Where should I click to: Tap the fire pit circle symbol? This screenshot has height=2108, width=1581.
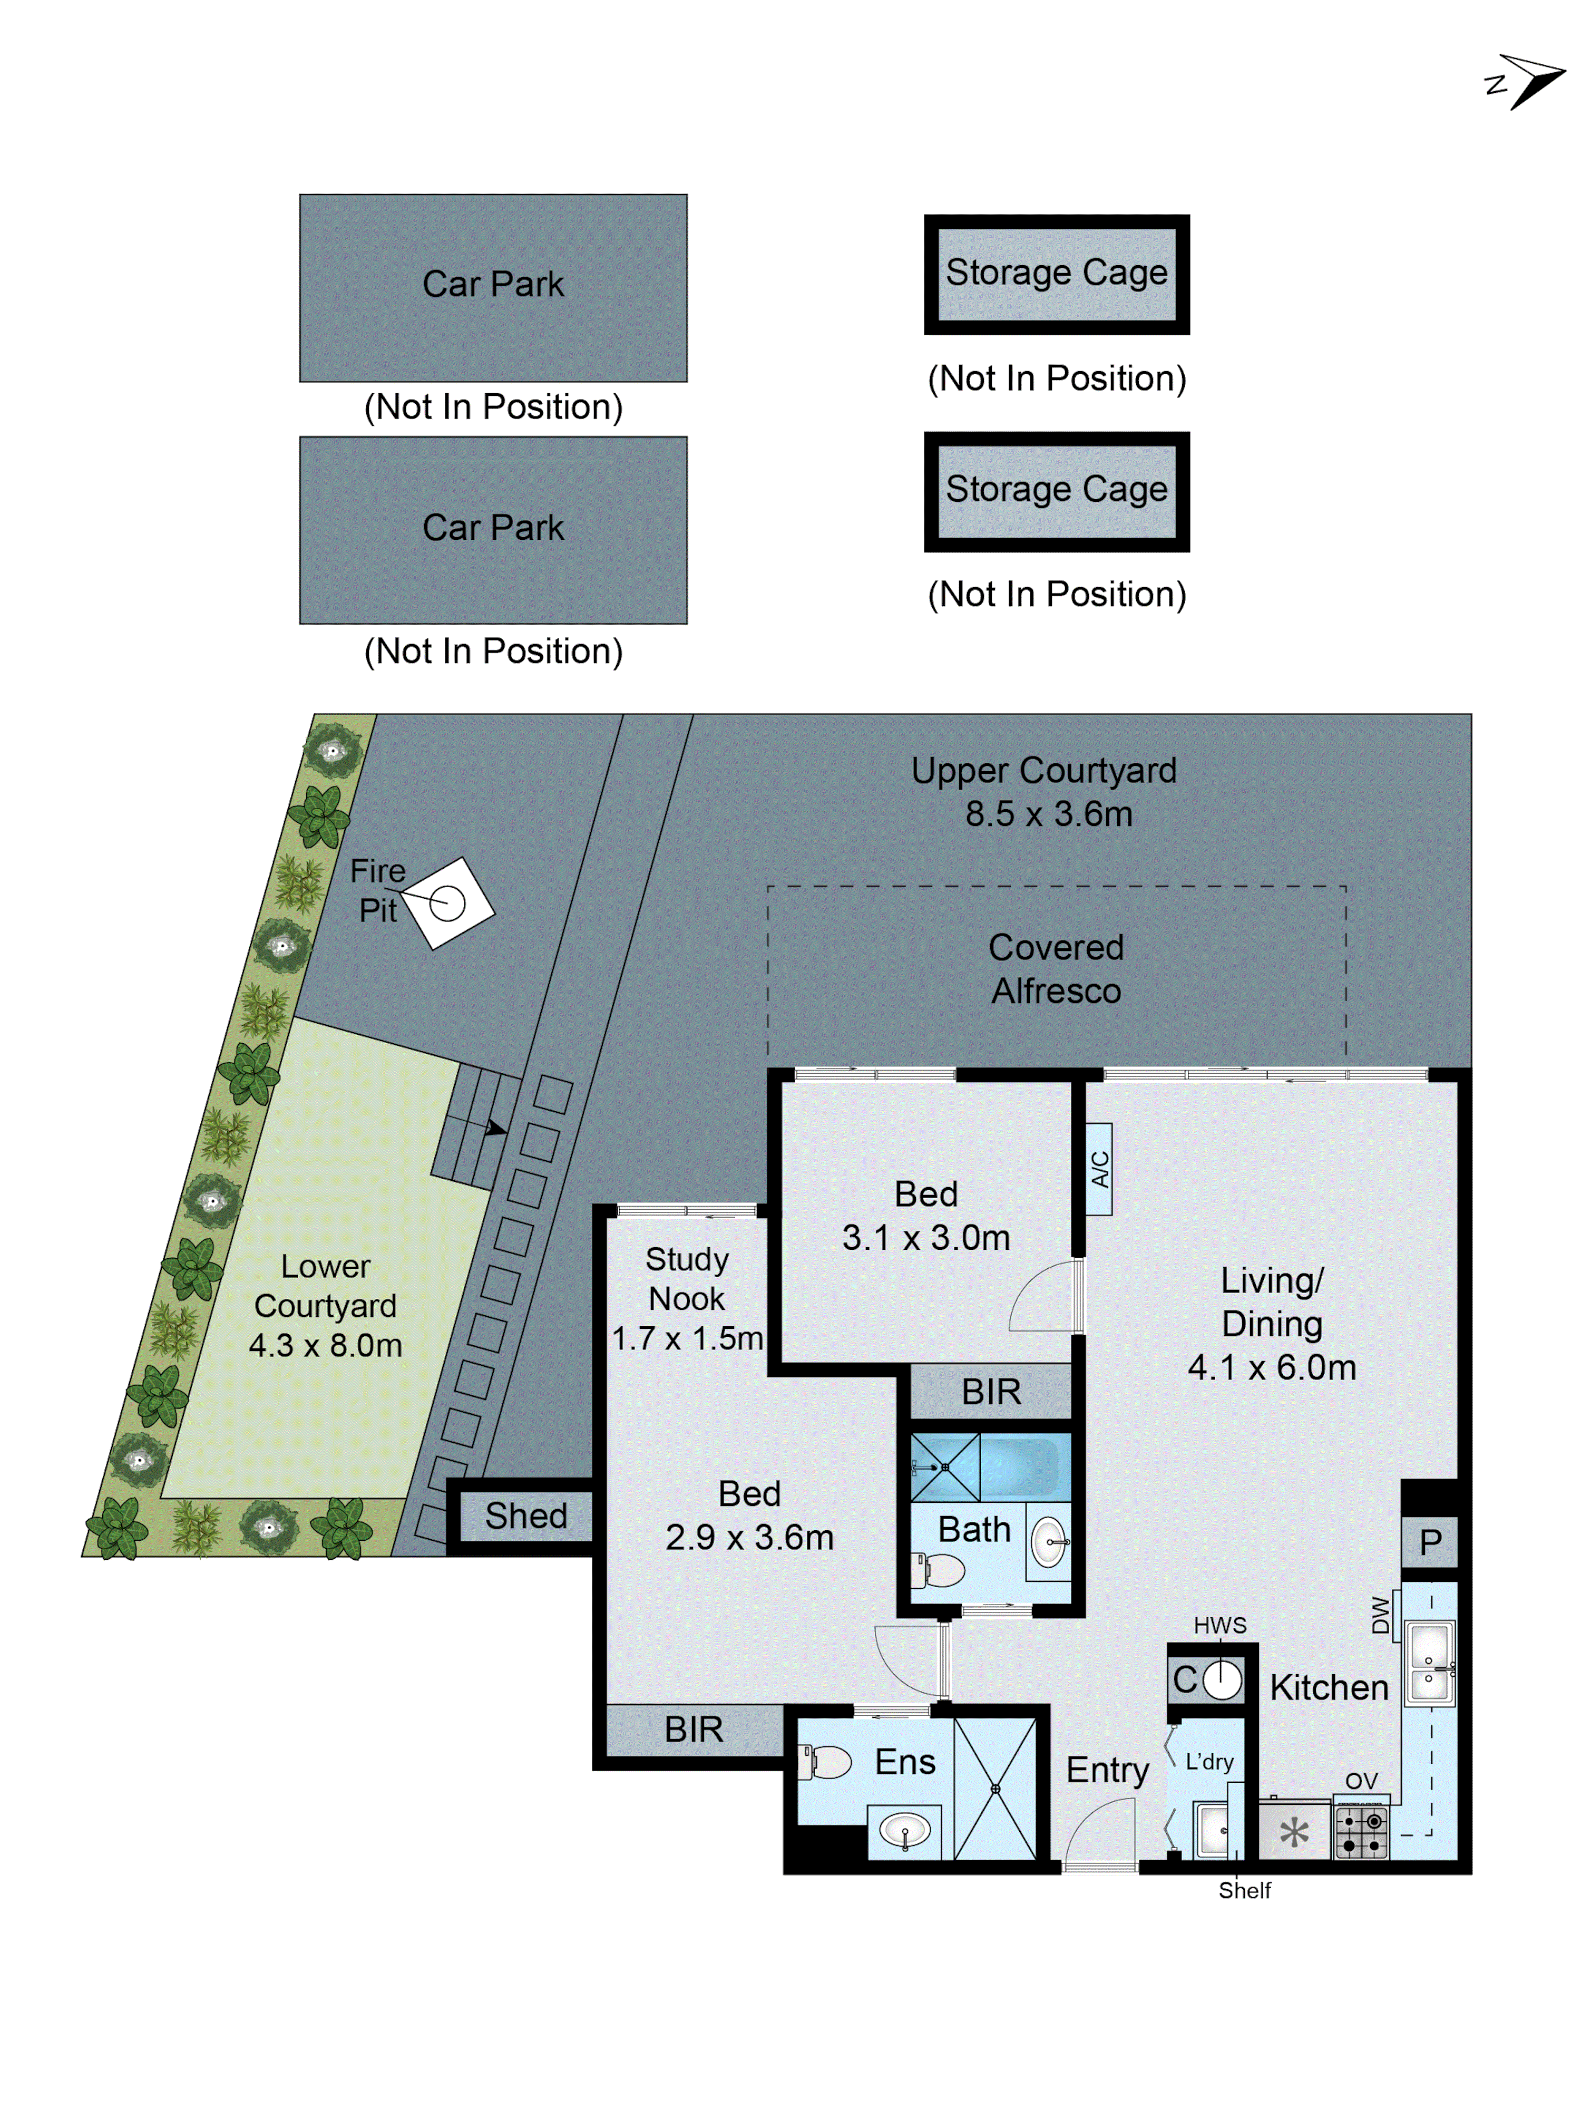[x=447, y=902]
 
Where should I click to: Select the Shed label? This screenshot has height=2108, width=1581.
[x=526, y=1516]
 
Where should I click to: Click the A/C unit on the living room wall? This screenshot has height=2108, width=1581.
[x=1099, y=1168]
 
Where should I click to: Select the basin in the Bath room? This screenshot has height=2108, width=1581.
[x=1048, y=1541]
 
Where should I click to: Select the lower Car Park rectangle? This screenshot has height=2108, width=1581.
[x=493, y=530]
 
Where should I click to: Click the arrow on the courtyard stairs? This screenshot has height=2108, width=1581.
[x=495, y=1129]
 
